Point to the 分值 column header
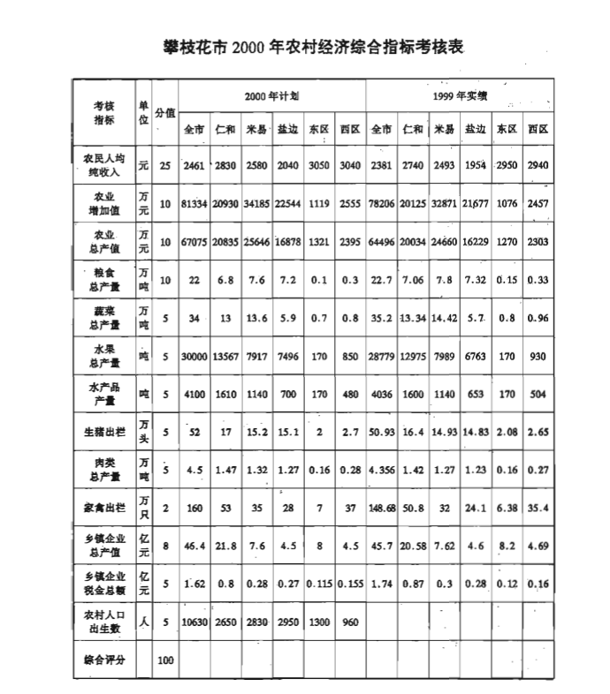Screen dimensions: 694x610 click(x=165, y=112)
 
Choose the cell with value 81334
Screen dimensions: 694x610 click(x=194, y=205)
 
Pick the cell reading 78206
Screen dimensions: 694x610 click(x=382, y=205)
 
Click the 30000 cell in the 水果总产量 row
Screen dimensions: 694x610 click(x=194, y=357)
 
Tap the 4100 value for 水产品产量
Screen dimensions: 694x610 click(x=194, y=394)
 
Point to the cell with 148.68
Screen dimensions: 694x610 click(x=382, y=509)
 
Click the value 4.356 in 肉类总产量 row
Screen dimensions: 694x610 click(x=382, y=471)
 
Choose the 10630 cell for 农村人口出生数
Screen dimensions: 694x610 click(x=194, y=622)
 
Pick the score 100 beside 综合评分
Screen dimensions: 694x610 click(x=165, y=660)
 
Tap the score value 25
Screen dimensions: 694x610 click(x=165, y=166)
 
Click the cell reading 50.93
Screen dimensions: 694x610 click(x=382, y=432)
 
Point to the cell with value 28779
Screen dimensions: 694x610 click(x=382, y=357)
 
